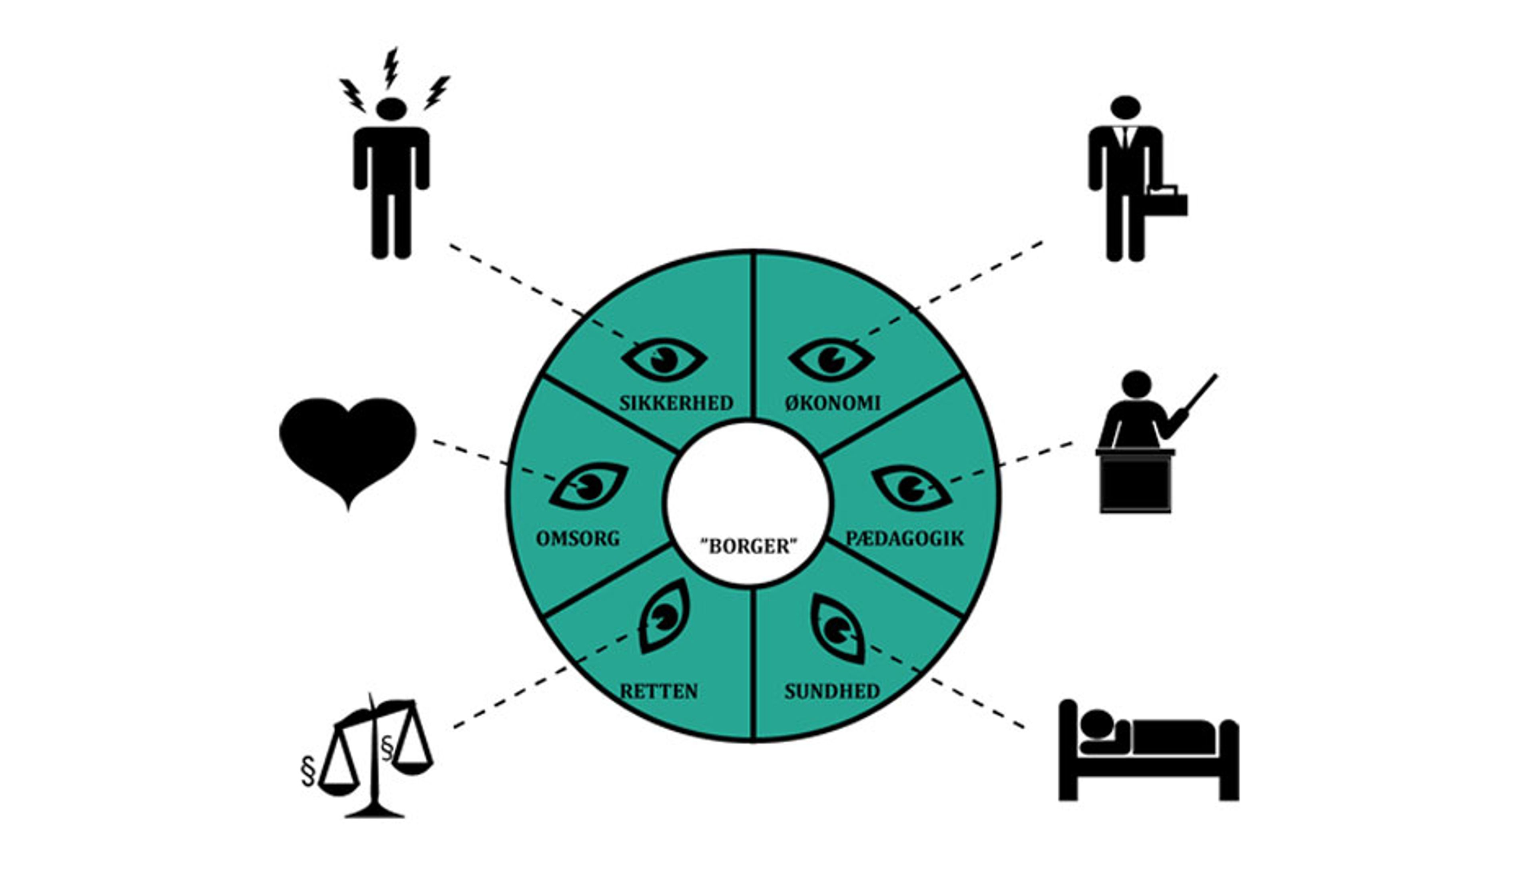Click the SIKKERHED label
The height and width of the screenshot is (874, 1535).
coord(676,403)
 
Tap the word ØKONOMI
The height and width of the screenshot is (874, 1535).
coord(832,403)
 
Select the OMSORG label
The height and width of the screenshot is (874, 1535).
coord(578,539)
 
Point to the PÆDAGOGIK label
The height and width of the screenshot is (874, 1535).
coord(904,539)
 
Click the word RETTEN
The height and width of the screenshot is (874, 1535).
coord(659,692)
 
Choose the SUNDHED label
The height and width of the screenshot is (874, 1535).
coord(832,692)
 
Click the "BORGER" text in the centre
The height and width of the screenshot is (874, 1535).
coord(749,546)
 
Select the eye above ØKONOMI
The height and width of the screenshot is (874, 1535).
coord(831,359)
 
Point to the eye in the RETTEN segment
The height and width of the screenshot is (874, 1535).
coord(664,616)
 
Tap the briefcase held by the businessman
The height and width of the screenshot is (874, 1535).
coord(1166,201)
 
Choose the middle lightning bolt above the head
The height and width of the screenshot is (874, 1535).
coord(391,67)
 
